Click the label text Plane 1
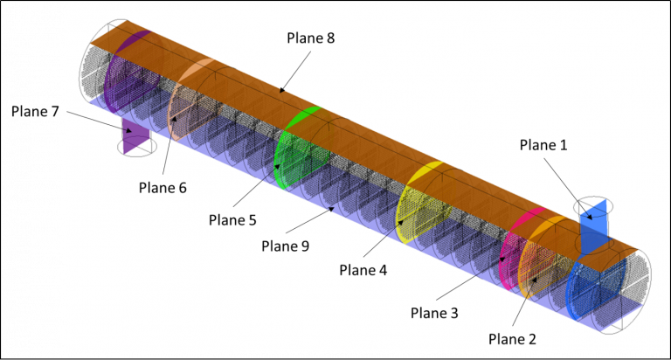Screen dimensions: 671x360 click(543, 145)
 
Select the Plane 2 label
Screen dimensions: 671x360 click(512, 339)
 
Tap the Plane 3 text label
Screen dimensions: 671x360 click(434, 313)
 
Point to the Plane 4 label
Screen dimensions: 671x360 click(363, 270)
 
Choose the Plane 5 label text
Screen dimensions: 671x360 click(232, 220)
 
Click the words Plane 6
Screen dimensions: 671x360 click(163, 188)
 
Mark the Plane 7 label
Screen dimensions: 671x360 click(35, 111)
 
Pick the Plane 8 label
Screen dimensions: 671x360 click(311, 38)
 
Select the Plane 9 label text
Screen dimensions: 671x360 click(286, 246)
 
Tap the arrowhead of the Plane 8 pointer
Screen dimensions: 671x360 click(281, 90)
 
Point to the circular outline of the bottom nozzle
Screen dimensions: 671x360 click(137, 156)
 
